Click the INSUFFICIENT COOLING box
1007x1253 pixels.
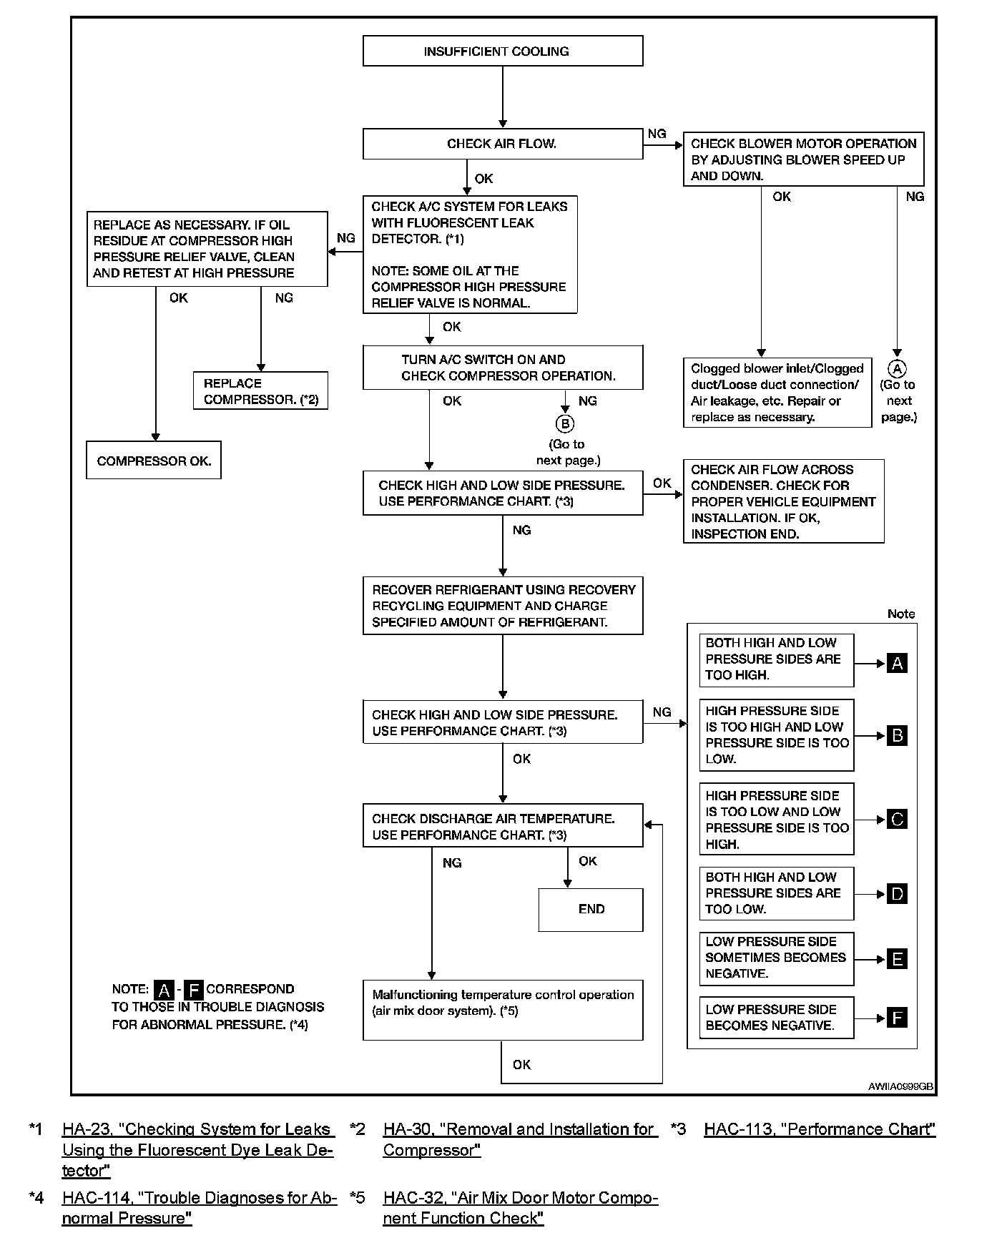(x=502, y=51)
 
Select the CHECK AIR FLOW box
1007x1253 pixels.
(x=502, y=144)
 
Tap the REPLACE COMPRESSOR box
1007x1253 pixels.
(x=260, y=391)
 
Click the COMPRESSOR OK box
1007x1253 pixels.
(x=154, y=461)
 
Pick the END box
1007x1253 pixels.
(x=591, y=910)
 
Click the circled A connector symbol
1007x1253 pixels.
(x=897, y=368)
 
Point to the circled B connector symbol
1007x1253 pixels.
(x=565, y=424)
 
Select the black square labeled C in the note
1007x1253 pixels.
(x=897, y=820)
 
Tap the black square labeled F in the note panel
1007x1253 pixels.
(x=897, y=1018)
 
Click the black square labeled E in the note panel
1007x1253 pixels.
(x=897, y=959)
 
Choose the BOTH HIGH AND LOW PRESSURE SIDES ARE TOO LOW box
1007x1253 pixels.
(x=776, y=893)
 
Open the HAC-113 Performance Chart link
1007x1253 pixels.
(x=820, y=1129)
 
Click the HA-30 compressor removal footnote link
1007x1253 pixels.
(x=520, y=1139)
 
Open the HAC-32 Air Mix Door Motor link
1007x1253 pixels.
(x=520, y=1208)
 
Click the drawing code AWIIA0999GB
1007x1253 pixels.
(x=900, y=1086)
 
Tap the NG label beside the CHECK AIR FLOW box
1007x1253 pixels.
(x=657, y=134)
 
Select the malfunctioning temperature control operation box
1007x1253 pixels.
(x=502, y=1010)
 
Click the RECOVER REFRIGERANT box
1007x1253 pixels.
(x=502, y=606)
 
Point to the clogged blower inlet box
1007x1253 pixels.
(x=777, y=393)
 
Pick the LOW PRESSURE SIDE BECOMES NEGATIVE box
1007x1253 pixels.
(x=776, y=1018)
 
